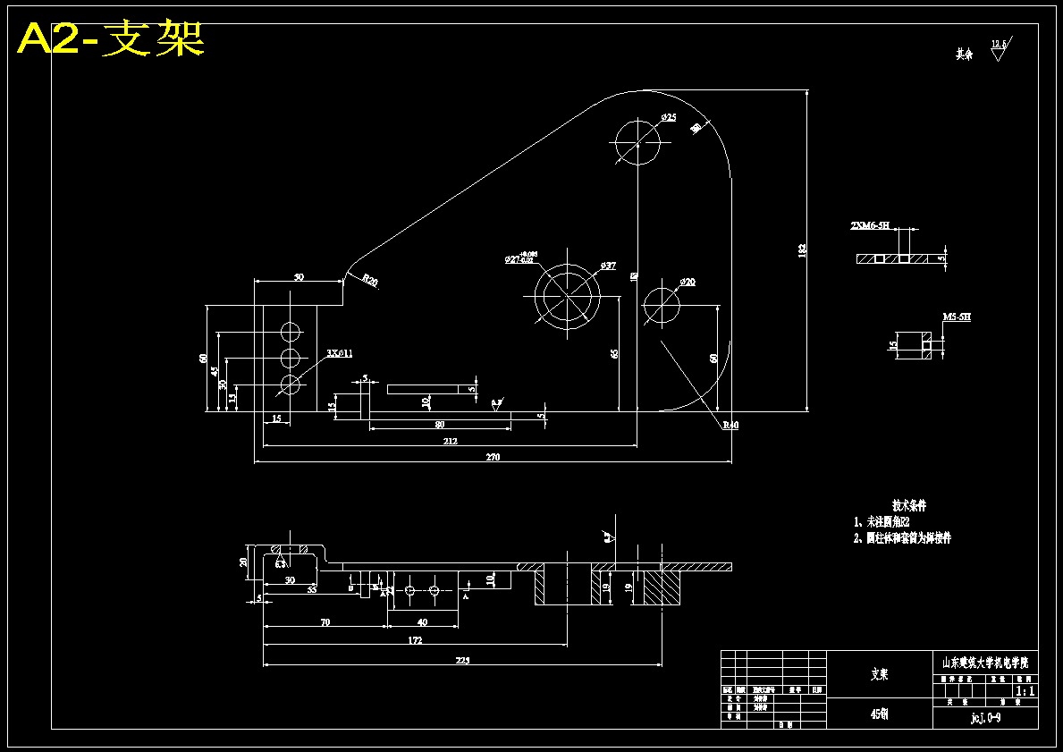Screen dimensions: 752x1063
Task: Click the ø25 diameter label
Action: (x=668, y=117)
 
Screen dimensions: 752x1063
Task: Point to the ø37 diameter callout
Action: (x=608, y=266)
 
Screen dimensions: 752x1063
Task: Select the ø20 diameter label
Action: (x=688, y=283)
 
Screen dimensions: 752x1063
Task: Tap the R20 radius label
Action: (x=370, y=282)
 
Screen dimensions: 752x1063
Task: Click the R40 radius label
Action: (x=730, y=426)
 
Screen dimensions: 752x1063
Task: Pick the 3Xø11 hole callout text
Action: (x=340, y=353)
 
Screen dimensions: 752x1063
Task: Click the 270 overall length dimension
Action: (x=493, y=457)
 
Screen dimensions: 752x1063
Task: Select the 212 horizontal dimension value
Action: (x=450, y=441)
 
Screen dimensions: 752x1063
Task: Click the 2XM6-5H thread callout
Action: (x=869, y=226)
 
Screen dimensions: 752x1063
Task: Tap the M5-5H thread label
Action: (x=957, y=317)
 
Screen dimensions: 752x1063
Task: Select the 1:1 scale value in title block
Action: (x=1025, y=691)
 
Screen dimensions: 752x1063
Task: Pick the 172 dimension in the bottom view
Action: (x=415, y=640)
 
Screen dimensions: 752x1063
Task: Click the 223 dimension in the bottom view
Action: (x=462, y=661)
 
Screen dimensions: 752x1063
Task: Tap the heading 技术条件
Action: (x=909, y=505)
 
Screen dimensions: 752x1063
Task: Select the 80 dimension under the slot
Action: (x=439, y=424)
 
